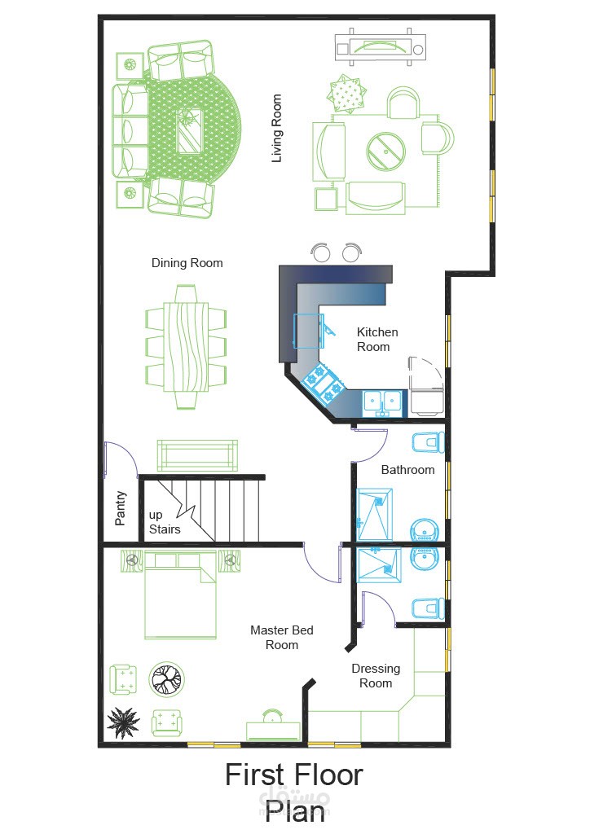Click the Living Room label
click(276, 128)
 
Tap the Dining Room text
click(187, 263)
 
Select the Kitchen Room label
click(376, 340)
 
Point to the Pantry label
click(121, 508)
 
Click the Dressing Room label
click(376, 675)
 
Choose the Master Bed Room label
click(281, 637)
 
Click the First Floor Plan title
click(293, 792)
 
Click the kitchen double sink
click(382, 403)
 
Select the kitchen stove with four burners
click(323, 381)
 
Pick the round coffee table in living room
click(385, 151)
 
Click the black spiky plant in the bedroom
click(123, 723)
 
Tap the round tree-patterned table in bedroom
click(166, 679)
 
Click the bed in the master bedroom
click(180, 595)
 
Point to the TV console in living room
click(380, 47)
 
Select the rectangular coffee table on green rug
click(189, 129)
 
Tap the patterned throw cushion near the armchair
click(347, 94)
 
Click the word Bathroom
click(407, 470)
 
